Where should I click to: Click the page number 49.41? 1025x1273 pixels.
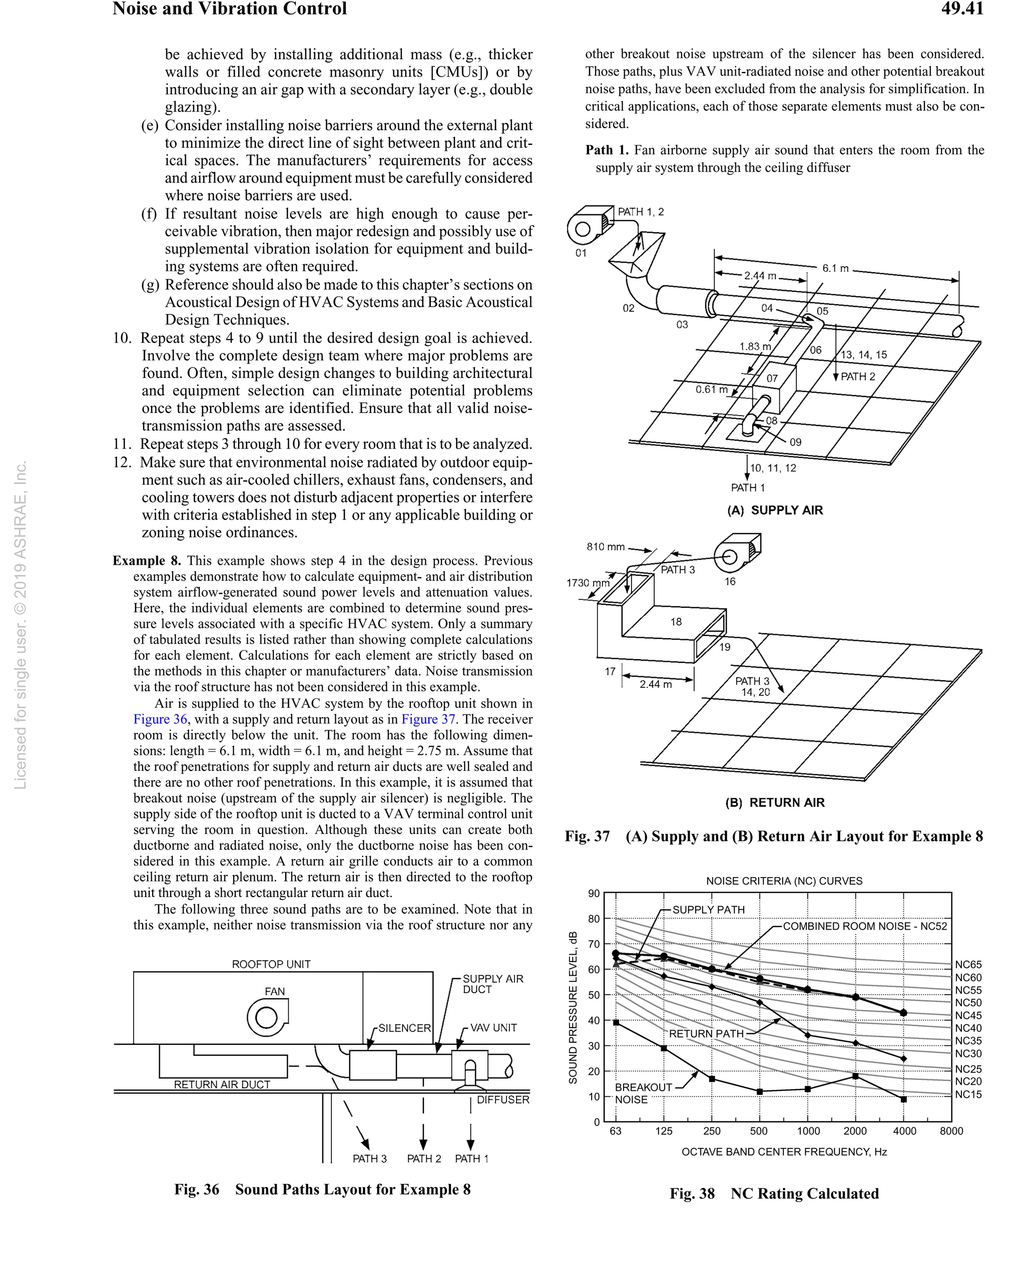point(962,9)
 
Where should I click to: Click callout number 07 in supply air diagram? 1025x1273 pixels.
point(772,378)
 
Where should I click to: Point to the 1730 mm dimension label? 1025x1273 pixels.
point(588,583)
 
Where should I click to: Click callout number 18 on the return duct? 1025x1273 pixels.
point(676,622)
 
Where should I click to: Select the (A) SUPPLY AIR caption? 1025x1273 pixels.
point(775,510)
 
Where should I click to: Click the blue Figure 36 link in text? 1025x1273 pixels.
point(160,719)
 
